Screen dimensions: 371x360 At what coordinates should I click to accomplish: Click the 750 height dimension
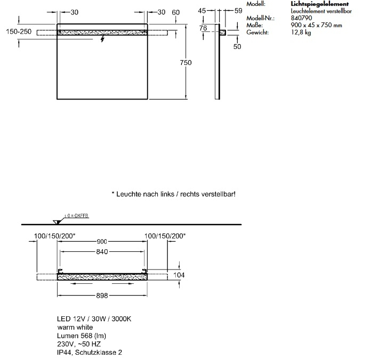[185, 63]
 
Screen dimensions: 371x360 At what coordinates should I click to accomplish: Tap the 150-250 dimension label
[19, 31]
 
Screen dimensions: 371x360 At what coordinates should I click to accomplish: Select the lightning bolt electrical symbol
[102, 38]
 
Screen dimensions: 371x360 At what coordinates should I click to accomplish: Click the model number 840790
[301, 18]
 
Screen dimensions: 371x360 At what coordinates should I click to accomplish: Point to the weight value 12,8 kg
[301, 32]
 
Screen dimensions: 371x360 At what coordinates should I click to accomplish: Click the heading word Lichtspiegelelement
[320, 4]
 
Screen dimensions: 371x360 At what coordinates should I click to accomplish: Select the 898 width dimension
[102, 296]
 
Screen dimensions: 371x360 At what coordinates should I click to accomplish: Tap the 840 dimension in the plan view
[102, 252]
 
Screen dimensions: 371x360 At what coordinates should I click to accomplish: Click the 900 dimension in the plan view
[102, 242]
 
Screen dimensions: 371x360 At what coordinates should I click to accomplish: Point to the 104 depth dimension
[179, 275]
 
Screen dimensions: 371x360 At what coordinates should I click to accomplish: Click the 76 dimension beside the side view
[203, 28]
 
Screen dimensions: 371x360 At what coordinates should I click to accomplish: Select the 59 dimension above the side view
[238, 11]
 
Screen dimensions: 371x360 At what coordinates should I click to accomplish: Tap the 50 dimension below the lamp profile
[237, 46]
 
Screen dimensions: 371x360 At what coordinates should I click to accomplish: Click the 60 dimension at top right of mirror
[175, 12]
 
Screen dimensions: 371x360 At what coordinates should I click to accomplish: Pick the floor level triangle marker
[57, 222]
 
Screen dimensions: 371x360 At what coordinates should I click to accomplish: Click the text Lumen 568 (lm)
[82, 336]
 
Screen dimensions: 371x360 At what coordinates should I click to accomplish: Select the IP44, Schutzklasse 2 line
[90, 353]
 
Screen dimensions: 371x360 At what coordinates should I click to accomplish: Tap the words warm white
[75, 328]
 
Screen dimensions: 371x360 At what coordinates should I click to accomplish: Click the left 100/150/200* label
[55, 236]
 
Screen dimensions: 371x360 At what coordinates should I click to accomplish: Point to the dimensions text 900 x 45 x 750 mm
[316, 25]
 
